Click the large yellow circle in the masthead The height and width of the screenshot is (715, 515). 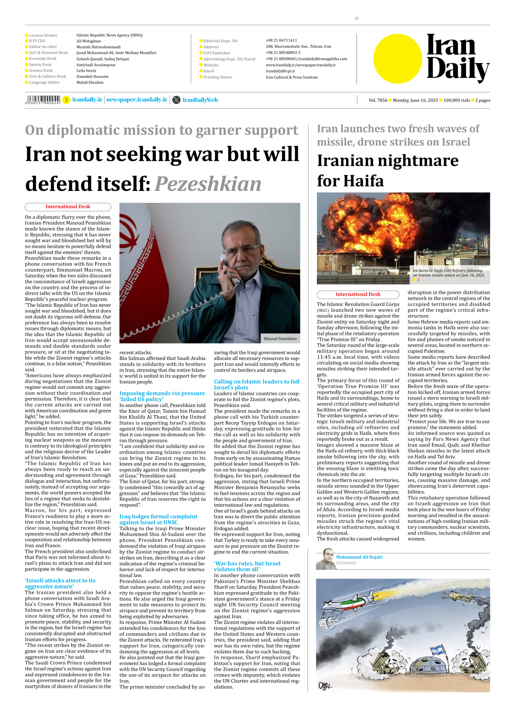click(x=398, y=59)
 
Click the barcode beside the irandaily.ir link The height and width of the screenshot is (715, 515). click(x=42, y=99)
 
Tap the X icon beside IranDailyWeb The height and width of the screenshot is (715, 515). click(x=176, y=100)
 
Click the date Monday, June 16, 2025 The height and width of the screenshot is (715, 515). click(x=415, y=100)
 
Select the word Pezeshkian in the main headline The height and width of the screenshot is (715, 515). click(x=208, y=184)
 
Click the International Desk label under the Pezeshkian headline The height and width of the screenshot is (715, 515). click(x=68, y=207)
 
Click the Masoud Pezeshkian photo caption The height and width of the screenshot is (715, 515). click(x=280, y=339)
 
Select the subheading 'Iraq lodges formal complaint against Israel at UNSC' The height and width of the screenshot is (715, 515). click(x=159, y=519)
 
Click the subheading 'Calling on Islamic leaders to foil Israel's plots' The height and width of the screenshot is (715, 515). click(x=256, y=384)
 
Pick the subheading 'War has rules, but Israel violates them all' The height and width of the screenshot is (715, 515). click(x=247, y=566)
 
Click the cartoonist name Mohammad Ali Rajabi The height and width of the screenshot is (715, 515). click(x=359, y=557)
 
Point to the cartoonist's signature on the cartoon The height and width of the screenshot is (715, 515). click(x=325, y=686)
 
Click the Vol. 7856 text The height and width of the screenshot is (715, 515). click(x=378, y=100)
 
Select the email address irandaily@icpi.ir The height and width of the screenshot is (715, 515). click(x=280, y=71)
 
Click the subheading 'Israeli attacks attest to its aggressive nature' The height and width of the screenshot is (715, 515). click(x=60, y=583)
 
